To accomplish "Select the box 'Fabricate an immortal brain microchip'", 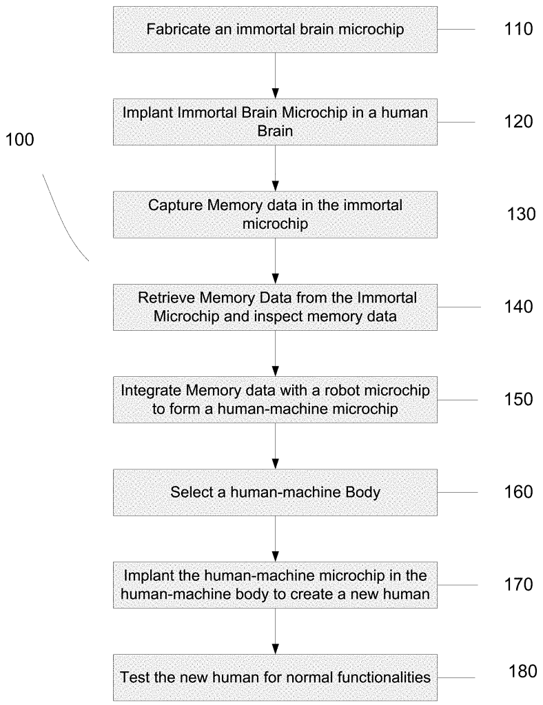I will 275,30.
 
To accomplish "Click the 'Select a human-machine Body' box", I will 275,492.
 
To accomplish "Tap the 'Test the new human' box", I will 275,677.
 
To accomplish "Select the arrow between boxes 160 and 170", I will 275,538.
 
